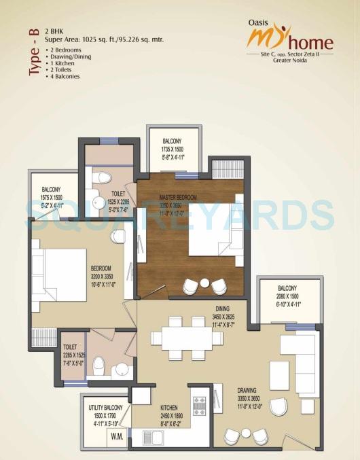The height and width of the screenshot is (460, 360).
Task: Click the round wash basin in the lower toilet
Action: click(x=121, y=370)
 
